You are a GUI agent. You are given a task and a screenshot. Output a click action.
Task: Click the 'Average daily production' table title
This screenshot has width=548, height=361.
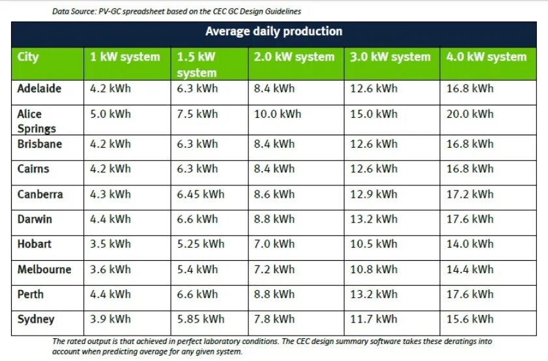[274, 31]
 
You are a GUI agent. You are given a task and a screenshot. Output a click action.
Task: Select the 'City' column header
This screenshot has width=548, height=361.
[28, 57]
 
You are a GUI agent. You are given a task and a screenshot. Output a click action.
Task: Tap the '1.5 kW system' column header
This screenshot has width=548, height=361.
[196, 64]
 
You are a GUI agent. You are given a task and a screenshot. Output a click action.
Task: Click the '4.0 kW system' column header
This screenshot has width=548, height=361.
[486, 57]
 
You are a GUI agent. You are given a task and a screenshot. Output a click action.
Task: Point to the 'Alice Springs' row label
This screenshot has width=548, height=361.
[36, 121]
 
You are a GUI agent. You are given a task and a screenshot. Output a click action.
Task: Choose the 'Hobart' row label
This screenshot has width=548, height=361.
[35, 244]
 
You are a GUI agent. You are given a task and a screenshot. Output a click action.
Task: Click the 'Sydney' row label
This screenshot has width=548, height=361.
[36, 319]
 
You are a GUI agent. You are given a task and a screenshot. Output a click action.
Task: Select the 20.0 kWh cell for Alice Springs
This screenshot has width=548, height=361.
[470, 114]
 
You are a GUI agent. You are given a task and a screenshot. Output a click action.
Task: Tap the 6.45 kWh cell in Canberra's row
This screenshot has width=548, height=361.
[200, 194]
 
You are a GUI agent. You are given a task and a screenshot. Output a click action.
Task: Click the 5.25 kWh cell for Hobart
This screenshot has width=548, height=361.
[200, 244]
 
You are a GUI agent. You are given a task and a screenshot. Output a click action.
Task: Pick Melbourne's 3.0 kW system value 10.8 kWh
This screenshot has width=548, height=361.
[373, 269]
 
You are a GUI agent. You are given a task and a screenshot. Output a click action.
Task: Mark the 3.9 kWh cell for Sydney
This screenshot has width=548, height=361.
[110, 319]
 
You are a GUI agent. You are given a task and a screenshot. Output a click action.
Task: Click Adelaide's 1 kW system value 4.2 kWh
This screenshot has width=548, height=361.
[110, 88]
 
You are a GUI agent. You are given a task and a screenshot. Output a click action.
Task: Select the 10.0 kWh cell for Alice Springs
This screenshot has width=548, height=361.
[278, 114]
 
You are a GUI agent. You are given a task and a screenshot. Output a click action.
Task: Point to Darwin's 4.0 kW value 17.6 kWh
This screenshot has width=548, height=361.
[470, 219]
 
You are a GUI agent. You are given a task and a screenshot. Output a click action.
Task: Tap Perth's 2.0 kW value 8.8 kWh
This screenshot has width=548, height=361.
[274, 294]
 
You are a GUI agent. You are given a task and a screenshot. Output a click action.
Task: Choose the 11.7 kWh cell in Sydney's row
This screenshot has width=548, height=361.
[373, 319]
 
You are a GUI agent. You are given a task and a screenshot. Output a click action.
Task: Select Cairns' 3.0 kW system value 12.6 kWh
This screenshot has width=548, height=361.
[373, 168]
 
